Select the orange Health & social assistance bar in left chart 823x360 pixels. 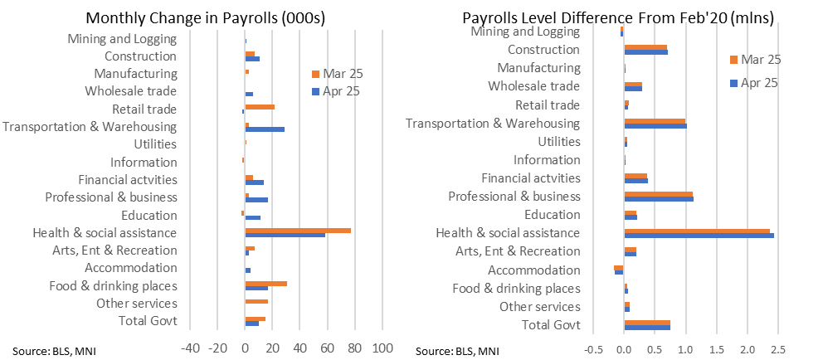click(298, 230)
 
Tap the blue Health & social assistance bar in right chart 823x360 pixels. click(699, 236)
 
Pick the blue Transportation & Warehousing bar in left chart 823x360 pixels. click(265, 129)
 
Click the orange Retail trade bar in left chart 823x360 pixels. click(260, 106)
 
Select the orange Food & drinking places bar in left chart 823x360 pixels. click(265, 283)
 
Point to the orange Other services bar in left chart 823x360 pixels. click(256, 301)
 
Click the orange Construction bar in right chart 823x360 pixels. click(645, 47)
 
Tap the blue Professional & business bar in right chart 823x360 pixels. click(659, 199)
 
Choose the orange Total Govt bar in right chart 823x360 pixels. click(647, 322)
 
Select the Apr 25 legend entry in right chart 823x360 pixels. click(754, 82)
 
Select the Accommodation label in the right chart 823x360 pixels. click(534, 270)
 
